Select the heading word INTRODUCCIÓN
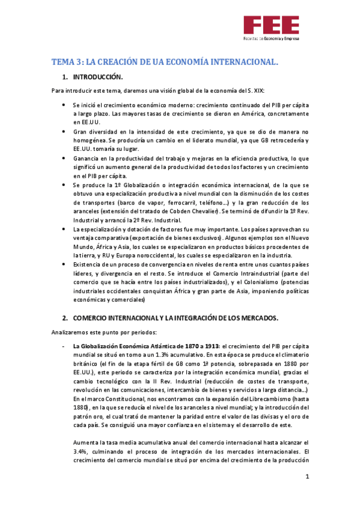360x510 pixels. [x=98, y=78]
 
